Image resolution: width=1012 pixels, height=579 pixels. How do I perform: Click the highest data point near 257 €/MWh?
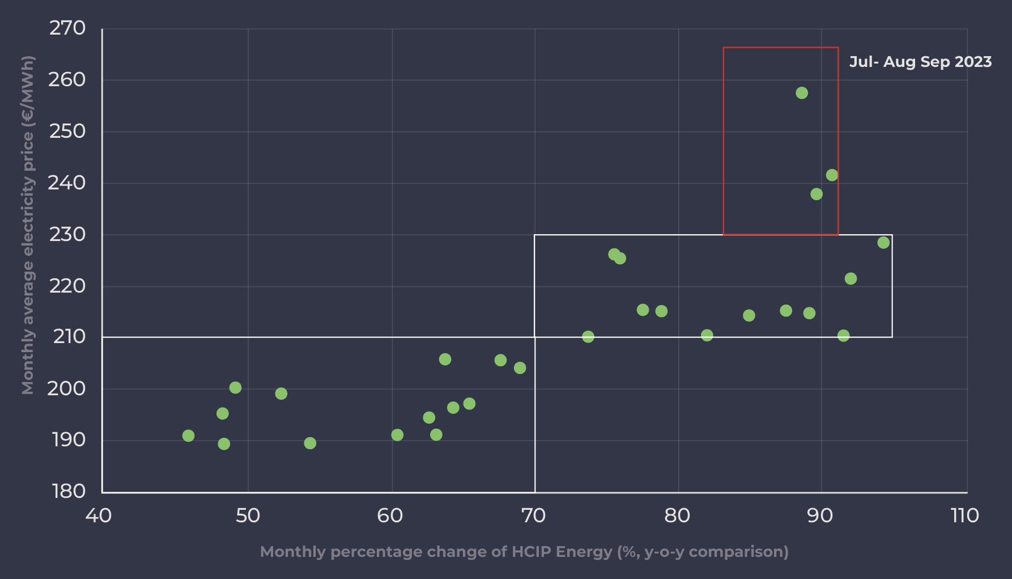[801, 93]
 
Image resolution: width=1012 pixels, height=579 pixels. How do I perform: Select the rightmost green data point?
[883, 243]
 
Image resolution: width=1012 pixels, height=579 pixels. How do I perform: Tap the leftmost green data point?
[188, 436]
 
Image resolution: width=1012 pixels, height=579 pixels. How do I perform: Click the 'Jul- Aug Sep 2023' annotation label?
[920, 62]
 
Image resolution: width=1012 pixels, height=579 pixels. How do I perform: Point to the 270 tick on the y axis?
[67, 28]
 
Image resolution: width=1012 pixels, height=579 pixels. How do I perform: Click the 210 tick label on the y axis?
[69, 337]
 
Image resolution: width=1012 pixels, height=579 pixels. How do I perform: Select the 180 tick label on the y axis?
[69, 491]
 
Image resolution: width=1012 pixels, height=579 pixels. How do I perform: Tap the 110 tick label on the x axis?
[964, 515]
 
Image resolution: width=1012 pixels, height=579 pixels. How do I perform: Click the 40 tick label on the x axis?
[99, 515]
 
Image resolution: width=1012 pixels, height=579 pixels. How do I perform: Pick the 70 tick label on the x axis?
[533, 515]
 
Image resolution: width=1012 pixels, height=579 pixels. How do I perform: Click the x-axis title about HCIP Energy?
[524, 552]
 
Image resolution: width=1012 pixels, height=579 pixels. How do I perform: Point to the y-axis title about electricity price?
[28, 225]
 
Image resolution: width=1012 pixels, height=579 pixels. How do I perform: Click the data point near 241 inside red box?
[831, 175]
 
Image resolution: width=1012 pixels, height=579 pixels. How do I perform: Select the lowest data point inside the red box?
[816, 194]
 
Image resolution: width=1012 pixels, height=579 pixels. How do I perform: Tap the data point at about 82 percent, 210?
[707, 335]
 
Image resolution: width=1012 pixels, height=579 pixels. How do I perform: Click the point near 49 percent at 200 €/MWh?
[235, 388]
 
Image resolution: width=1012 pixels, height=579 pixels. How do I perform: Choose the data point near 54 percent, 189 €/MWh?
[309, 443]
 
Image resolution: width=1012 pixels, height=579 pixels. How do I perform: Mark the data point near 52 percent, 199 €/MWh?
[281, 394]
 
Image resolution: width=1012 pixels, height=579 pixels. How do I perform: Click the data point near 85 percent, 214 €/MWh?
[749, 315]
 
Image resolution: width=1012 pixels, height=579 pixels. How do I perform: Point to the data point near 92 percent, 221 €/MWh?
[850, 278]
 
